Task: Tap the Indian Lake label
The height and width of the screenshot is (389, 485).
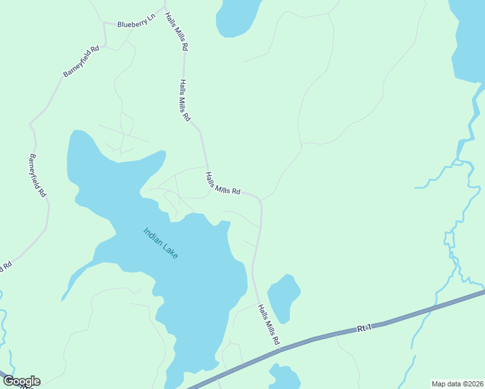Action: coord(160,243)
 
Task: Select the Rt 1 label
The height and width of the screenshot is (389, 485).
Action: coord(364,329)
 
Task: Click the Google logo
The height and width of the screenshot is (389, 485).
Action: coord(21,381)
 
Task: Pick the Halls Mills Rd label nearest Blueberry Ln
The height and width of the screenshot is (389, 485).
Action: coord(176,32)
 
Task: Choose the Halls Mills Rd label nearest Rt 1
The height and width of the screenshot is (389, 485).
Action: coord(268,324)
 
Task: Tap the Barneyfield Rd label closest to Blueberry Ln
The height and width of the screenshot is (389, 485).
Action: coord(81,62)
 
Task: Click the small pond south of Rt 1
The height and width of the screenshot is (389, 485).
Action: coord(285,378)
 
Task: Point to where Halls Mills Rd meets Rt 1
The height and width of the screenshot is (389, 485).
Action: coord(280,350)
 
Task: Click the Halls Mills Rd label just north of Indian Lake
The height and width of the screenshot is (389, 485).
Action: coord(223,183)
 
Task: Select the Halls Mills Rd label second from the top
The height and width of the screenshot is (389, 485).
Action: coord(185,100)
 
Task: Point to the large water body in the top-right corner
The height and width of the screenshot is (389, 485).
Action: coord(468,39)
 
